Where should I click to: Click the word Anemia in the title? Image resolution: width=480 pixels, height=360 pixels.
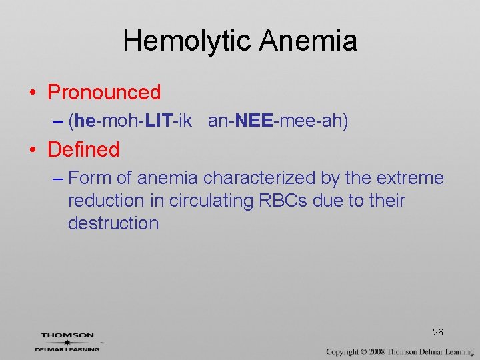pos(309,41)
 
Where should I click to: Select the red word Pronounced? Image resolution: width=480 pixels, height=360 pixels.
pos(104,92)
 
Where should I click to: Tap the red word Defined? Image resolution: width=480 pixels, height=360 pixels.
pos(83,149)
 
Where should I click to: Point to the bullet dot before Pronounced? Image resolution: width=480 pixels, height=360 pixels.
pos(33,93)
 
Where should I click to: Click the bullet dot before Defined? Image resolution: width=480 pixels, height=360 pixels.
pos(33,150)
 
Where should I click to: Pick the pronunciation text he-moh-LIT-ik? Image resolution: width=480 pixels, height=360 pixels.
pos(133,121)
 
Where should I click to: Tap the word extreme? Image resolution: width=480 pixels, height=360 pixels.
pos(410,178)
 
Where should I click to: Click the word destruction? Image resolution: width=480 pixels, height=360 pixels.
pos(113,223)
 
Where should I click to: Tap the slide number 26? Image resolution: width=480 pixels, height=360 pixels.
pos(438,332)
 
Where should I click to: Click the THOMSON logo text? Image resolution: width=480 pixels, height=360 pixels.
pos(67,335)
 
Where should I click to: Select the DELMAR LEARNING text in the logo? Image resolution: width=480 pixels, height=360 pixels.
pos(67,349)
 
